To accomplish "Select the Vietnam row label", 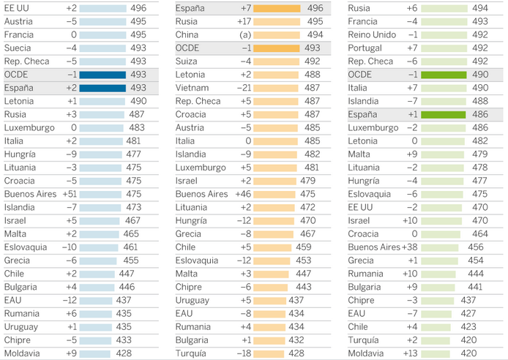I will [x=193, y=87].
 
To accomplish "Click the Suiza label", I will [x=188, y=61].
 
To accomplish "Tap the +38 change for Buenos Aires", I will [x=413, y=247].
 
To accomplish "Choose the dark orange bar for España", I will [x=277, y=8].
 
